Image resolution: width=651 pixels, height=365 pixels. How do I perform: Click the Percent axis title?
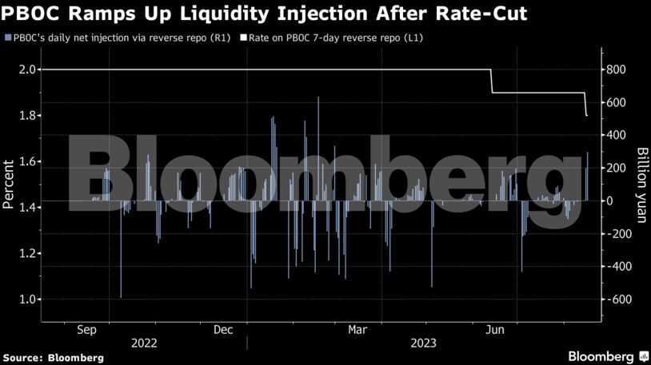[9, 184]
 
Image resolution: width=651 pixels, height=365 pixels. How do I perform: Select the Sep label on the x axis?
[87, 329]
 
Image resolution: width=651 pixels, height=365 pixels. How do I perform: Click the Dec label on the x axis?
[223, 329]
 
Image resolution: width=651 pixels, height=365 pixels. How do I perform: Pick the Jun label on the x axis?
[495, 329]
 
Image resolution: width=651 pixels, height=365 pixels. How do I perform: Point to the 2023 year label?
[423, 343]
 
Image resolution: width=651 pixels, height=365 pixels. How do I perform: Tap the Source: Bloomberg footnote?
[53, 357]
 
